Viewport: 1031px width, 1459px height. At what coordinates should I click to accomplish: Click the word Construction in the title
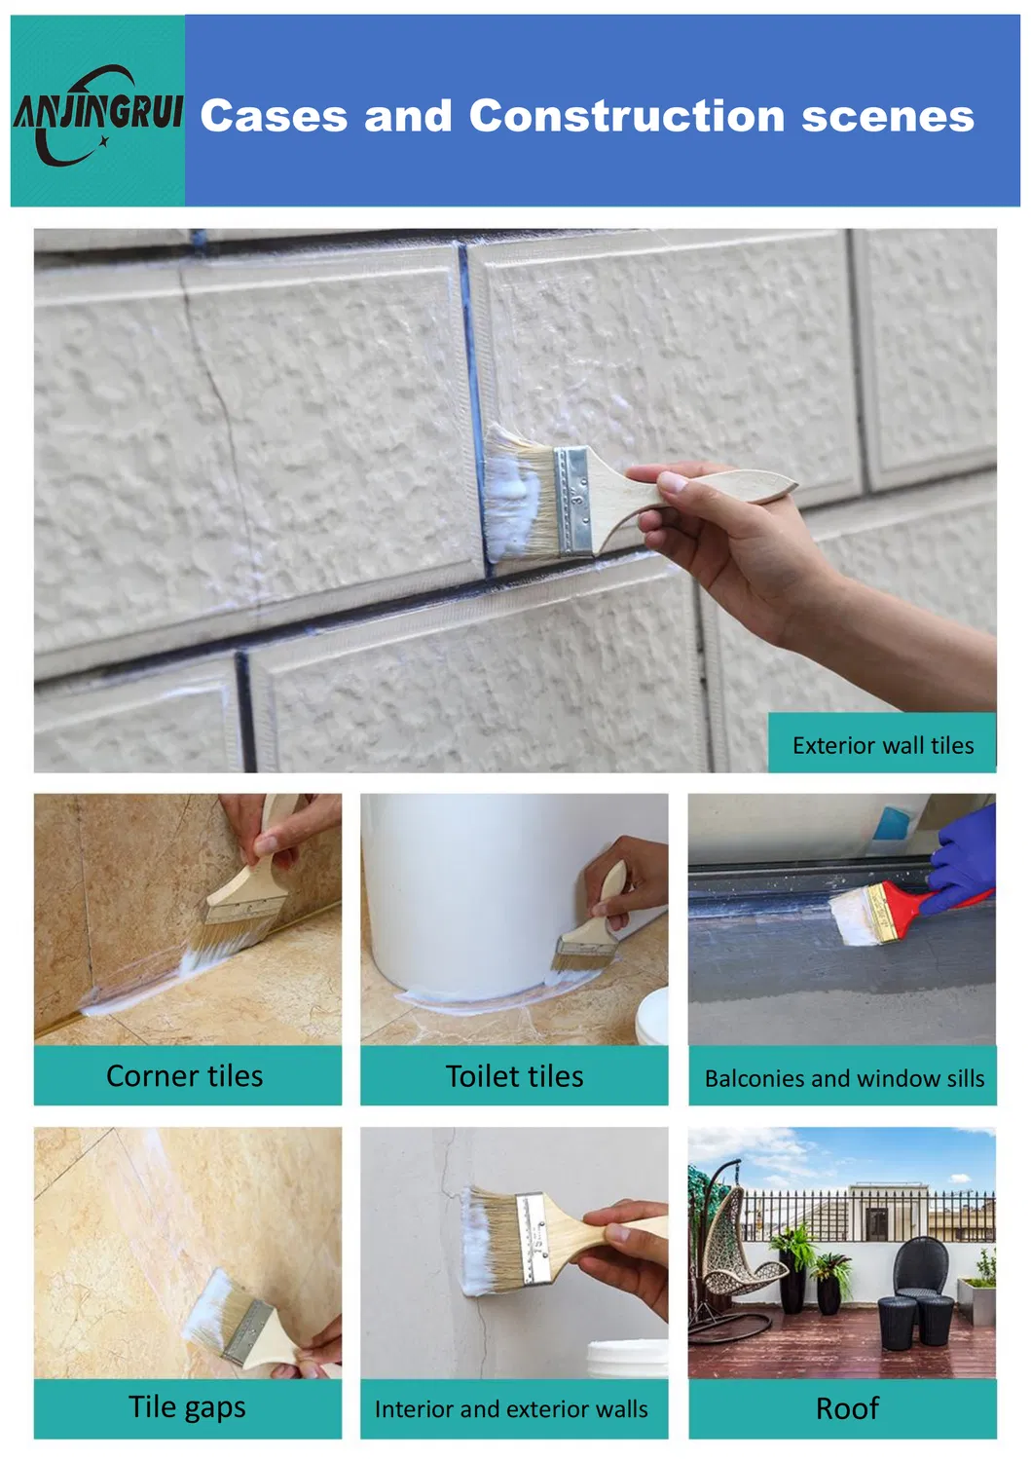(x=627, y=116)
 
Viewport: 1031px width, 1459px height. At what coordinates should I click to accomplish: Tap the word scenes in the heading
(x=887, y=117)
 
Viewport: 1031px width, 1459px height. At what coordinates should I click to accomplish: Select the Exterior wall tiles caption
(x=882, y=745)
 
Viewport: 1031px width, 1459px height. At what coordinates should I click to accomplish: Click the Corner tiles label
(x=184, y=1075)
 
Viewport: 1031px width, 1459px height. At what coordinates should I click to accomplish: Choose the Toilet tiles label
(x=514, y=1075)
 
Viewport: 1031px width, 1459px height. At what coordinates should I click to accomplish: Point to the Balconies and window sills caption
(x=843, y=1078)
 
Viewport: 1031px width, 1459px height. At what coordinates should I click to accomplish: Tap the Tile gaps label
(x=187, y=1407)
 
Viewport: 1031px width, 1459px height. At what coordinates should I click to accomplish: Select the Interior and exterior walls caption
(x=511, y=1409)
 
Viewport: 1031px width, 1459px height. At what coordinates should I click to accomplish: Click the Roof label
(x=847, y=1408)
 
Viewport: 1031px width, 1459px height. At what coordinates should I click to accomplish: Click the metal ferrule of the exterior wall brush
(x=572, y=502)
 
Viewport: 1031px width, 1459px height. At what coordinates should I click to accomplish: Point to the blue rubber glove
(x=964, y=857)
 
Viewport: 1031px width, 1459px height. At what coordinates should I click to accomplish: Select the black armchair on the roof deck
(x=920, y=1271)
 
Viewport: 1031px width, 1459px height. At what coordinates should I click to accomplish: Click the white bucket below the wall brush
(x=627, y=1358)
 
